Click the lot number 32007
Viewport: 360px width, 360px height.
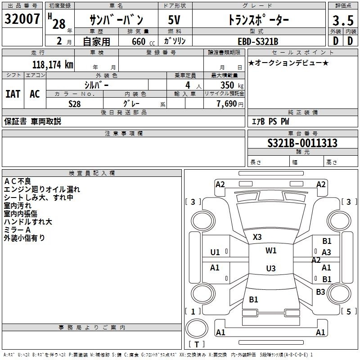click(x=22, y=19)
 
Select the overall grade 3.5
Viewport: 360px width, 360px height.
click(x=343, y=20)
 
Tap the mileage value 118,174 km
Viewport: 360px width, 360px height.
click(x=53, y=64)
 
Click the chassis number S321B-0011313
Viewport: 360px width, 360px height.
click(x=302, y=143)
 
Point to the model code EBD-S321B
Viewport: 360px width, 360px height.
click(x=258, y=41)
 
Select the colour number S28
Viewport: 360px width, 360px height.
click(x=75, y=104)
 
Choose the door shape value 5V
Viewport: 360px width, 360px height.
click(x=174, y=20)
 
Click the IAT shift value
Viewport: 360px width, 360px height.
click(x=13, y=94)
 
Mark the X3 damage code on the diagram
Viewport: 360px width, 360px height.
click(x=257, y=237)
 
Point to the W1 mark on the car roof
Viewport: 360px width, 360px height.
click(x=271, y=251)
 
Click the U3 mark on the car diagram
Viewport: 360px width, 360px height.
click(x=271, y=268)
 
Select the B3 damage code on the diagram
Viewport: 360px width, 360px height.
click(x=320, y=292)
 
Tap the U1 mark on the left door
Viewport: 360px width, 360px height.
click(x=215, y=252)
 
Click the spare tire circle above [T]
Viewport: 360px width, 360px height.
click(x=197, y=328)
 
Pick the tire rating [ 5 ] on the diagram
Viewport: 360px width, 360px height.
click(x=349, y=311)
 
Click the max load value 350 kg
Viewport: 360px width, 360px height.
click(x=232, y=85)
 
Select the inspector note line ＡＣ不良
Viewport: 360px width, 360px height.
click(x=18, y=181)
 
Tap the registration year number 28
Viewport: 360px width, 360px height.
click(x=59, y=24)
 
